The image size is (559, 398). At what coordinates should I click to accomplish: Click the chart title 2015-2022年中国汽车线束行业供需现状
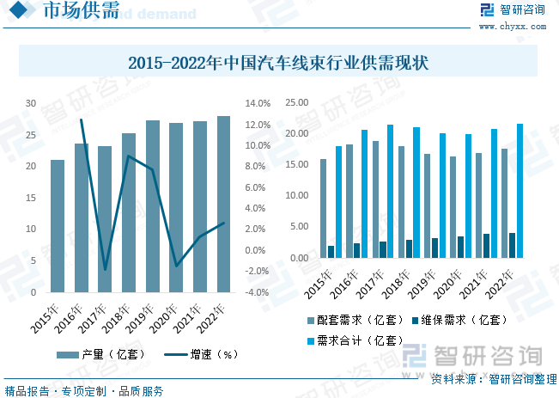(278, 63)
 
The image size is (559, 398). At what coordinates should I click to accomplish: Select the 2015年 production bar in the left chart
(58, 225)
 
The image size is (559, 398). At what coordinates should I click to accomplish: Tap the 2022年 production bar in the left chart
(223, 204)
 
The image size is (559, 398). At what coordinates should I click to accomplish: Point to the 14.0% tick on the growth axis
(258, 103)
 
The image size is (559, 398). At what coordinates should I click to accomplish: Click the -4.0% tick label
(258, 292)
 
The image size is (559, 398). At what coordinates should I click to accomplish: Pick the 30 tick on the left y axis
(31, 103)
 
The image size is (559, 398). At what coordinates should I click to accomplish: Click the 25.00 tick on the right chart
(296, 102)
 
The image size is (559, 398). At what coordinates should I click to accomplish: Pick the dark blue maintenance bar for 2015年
(331, 252)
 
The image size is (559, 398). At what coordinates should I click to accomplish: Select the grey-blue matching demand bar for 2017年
(375, 199)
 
